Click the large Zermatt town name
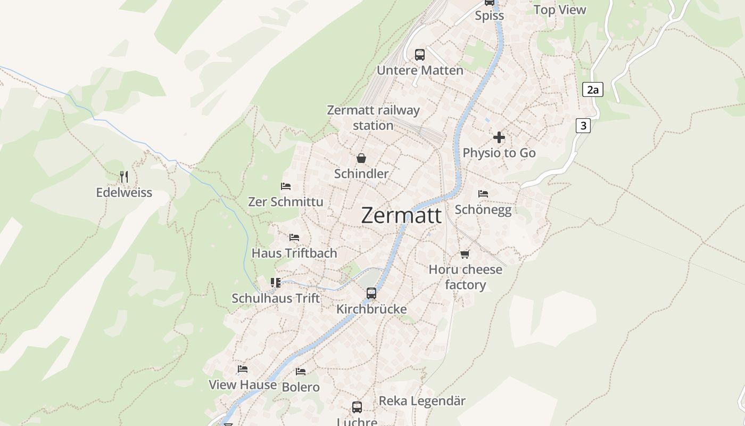point(401,216)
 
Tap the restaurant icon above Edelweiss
point(124,177)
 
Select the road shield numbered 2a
point(592,89)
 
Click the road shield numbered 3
point(583,126)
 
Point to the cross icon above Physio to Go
point(499,137)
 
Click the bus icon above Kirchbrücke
point(371,293)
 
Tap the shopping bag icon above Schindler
point(361,158)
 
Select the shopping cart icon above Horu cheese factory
point(465,254)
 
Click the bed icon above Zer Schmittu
point(286,186)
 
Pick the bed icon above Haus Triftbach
point(294,237)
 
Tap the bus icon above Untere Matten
point(420,54)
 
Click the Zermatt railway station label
point(373,118)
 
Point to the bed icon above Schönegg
point(483,194)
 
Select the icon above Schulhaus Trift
point(276,283)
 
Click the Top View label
point(559,10)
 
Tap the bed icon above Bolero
point(301,372)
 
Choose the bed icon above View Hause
point(243,369)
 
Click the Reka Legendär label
point(422,401)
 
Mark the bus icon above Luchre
point(357,407)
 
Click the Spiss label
point(489,15)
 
